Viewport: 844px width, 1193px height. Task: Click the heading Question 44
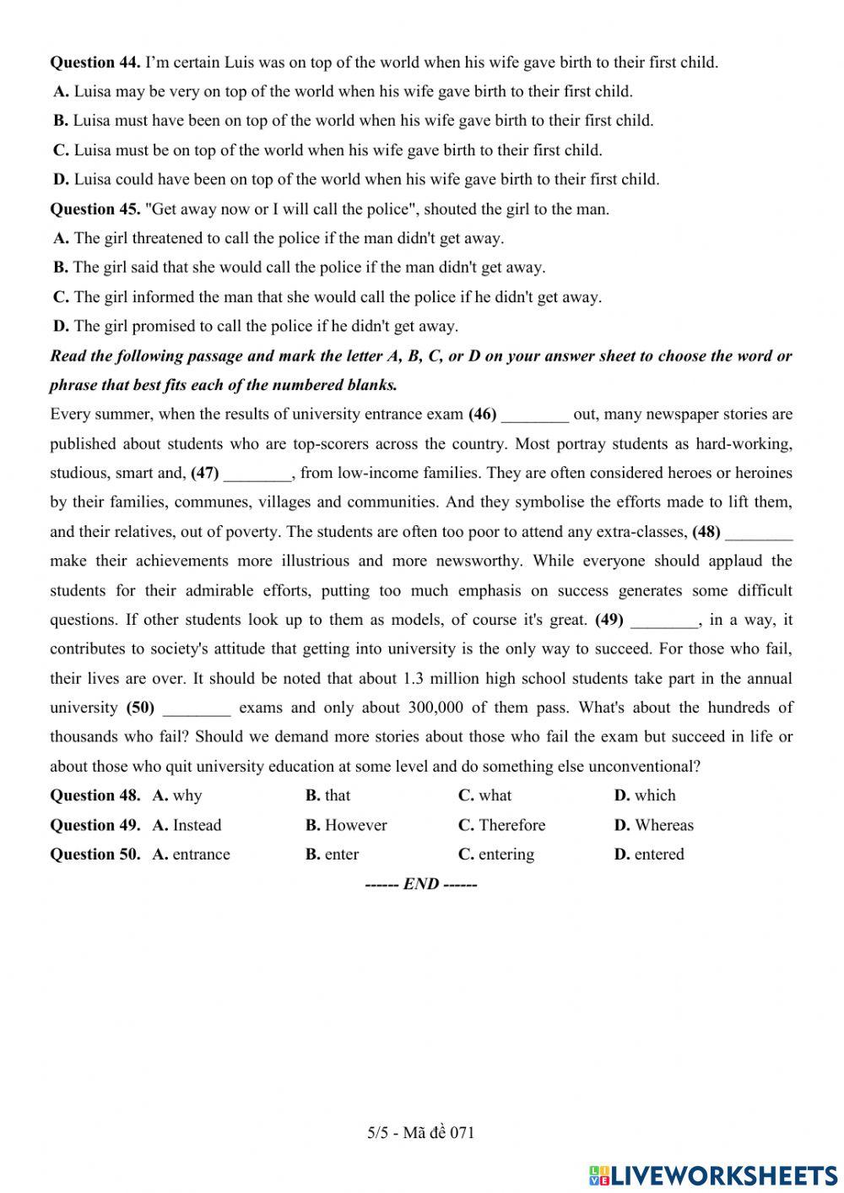point(95,62)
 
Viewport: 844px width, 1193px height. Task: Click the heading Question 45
point(95,209)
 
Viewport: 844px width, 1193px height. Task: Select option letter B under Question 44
point(61,121)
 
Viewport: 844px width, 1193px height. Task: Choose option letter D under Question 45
point(61,327)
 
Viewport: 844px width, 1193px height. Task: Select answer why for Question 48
point(187,796)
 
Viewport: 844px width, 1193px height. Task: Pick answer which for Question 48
point(655,796)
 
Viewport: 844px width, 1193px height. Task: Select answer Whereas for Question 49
point(663,826)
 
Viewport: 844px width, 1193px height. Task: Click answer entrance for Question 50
point(201,855)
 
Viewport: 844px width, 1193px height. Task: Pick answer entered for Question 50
point(659,855)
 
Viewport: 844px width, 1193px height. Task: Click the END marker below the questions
point(421,885)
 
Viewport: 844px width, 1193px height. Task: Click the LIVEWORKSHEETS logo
point(713,1174)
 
